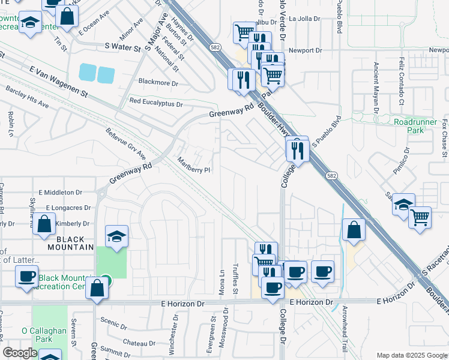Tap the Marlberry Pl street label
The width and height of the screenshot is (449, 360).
(x=194, y=166)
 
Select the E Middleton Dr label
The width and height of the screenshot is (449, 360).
(x=59, y=192)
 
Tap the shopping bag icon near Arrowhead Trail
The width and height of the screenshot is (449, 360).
(x=354, y=230)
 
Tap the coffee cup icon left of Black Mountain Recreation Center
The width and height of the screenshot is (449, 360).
(x=26, y=277)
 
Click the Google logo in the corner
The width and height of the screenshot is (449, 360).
(x=20, y=353)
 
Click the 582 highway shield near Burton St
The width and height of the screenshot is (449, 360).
(x=214, y=46)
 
